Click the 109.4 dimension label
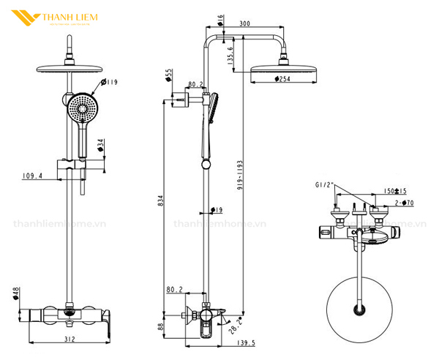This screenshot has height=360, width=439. tap(32, 176)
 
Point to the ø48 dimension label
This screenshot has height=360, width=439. tap(15, 293)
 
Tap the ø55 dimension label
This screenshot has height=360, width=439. tap(168, 75)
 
